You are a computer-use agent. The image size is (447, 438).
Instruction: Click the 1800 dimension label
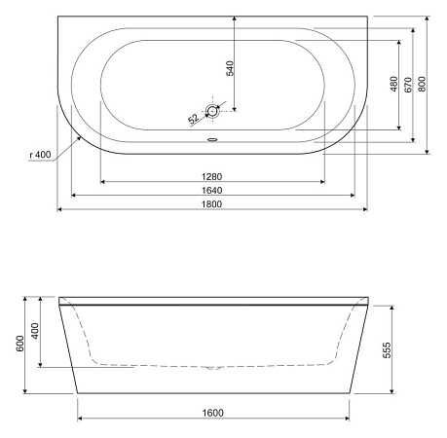point(213,201)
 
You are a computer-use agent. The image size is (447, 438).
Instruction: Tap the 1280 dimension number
point(213,175)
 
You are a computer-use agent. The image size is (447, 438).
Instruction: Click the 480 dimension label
point(392,86)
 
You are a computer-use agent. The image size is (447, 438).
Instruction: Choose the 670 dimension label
point(408,86)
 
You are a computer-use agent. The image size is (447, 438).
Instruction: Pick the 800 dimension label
point(423,84)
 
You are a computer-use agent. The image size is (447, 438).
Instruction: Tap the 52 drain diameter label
point(193,119)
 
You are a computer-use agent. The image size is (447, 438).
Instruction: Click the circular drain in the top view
point(213,111)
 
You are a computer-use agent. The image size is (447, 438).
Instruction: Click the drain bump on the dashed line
point(213,369)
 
